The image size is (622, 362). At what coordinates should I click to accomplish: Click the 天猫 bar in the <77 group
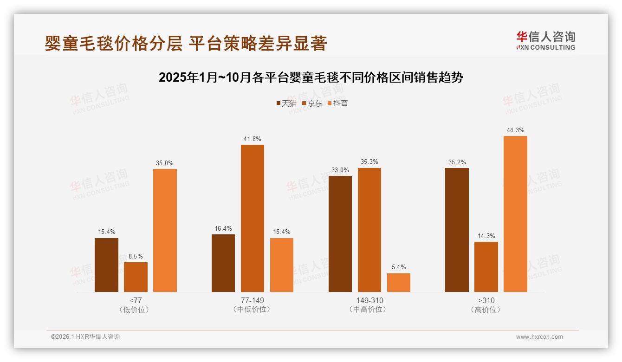coord(106,265)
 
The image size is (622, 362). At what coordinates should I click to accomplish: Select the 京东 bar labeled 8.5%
coord(136,277)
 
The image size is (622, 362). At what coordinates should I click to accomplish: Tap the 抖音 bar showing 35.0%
coord(165,230)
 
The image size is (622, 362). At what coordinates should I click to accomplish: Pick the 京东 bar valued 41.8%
coord(252,218)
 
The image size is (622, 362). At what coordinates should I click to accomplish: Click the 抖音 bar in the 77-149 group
coord(281,265)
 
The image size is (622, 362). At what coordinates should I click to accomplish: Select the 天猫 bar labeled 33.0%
coord(340,234)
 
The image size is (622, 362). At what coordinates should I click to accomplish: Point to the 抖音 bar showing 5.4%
coord(399,283)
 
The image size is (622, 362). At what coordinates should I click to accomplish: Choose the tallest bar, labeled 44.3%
coord(515,214)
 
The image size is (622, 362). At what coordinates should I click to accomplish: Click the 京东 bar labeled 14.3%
coord(486,267)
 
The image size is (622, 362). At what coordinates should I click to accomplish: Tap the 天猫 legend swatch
coord(279,103)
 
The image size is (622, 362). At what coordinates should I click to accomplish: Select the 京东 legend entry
coord(312,103)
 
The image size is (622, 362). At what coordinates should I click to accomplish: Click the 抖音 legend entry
coord(337,103)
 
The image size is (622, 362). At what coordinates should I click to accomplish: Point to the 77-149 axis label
coord(252,300)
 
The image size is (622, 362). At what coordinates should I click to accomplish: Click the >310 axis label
coord(486,300)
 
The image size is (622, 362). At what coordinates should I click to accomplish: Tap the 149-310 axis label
coord(369,300)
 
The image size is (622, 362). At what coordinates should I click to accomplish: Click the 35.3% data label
coord(369,162)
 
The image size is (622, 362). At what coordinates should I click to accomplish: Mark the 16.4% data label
coord(223,228)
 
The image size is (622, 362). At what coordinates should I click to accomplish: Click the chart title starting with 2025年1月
coord(311,78)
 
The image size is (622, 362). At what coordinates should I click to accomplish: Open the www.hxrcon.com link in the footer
coord(539,337)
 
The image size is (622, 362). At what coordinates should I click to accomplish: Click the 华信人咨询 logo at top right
coord(545,40)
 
